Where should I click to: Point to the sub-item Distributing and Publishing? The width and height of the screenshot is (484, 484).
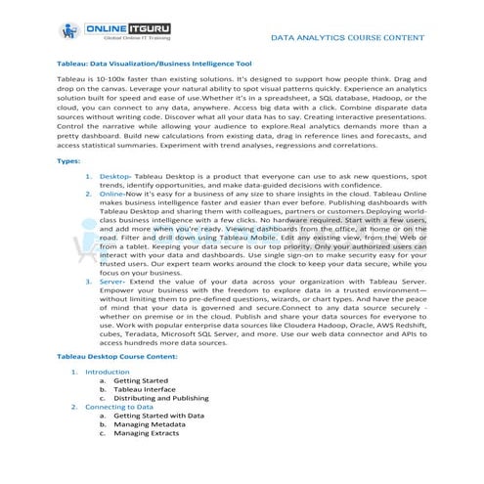point(160,398)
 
